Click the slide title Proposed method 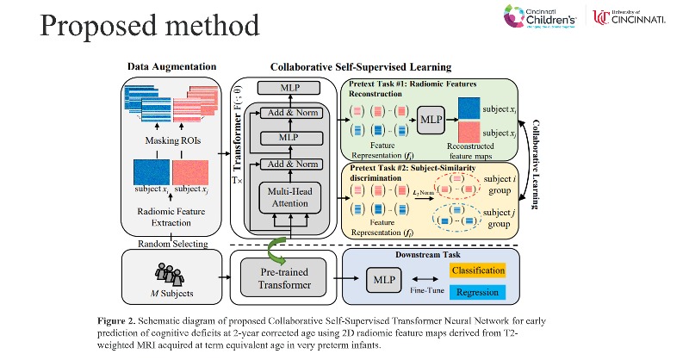click(137, 27)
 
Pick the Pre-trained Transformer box click(282, 279)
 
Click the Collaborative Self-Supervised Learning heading click(361, 66)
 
